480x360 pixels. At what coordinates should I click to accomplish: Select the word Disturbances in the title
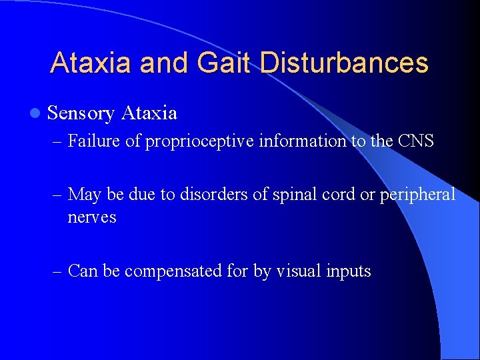click(x=344, y=63)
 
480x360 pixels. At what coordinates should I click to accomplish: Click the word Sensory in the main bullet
click(x=81, y=113)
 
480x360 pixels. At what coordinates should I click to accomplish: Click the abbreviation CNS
click(x=415, y=141)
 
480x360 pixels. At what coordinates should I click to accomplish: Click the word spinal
click(x=275, y=195)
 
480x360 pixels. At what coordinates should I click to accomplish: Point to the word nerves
click(x=91, y=217)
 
